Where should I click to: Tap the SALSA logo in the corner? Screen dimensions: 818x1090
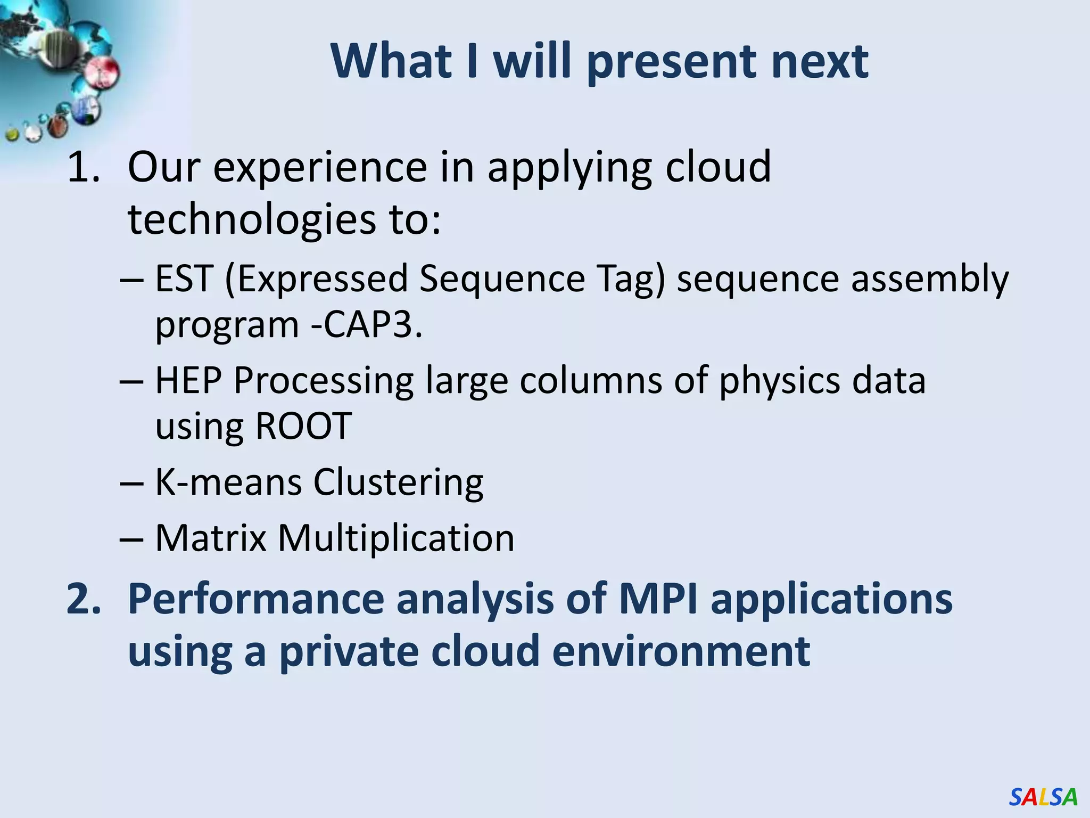click(1043, 797)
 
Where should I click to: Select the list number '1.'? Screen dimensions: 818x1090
click(84, 167)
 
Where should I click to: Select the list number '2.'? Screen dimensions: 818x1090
click(84, 599)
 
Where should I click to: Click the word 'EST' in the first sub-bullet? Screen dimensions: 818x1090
click(184, 279)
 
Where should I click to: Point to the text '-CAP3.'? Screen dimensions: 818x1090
click(367, 324)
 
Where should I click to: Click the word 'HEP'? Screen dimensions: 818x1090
click(188, 381)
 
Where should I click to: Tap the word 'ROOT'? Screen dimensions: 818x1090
click(303, 426)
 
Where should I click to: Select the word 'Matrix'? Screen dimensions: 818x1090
click(211, 538)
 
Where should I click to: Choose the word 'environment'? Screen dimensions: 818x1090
click(681, 651)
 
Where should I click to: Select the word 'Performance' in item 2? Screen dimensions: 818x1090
click(256, 599)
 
